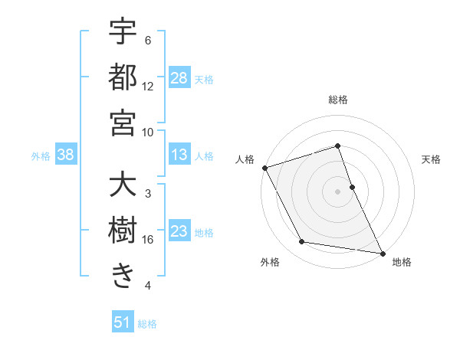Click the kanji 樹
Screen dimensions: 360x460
[123, 230]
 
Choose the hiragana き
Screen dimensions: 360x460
[123, 275]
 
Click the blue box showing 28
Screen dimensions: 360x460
[179, 77]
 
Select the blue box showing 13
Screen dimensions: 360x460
[179, 155]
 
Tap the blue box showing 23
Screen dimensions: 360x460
[179, 231]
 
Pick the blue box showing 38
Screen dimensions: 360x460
[65, 155]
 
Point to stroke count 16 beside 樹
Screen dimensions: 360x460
[148, 240]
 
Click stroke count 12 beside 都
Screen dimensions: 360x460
[148, 87]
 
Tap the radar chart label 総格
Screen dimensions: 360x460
[337, 100]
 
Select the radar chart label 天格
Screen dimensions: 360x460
[432, 159]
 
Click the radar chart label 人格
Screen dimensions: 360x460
[245, 159]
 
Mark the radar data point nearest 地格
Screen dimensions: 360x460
[382, 252]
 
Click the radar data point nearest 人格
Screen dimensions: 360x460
[264, 168]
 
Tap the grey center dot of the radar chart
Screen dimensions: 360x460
[337, 191]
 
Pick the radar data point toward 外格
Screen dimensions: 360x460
[302, 242]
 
